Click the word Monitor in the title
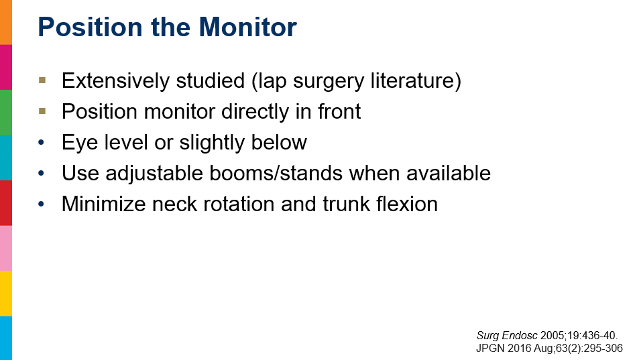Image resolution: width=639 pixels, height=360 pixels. point(248,27)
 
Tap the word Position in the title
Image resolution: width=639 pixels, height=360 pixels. point(90,27)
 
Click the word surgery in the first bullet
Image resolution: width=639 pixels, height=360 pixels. point(329,81)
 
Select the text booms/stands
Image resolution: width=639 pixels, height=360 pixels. point(276,173)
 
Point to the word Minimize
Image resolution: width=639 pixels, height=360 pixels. point(103,204)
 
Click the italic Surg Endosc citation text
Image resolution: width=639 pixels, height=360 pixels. point(506,336)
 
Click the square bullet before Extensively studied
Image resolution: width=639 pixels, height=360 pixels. point(42,80)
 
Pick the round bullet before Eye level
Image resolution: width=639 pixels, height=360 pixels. point(41,143)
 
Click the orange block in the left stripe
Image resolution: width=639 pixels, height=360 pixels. point(6,22)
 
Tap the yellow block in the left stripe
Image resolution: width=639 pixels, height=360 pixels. point(6,293)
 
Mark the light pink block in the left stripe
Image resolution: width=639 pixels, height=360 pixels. point(6,248)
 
